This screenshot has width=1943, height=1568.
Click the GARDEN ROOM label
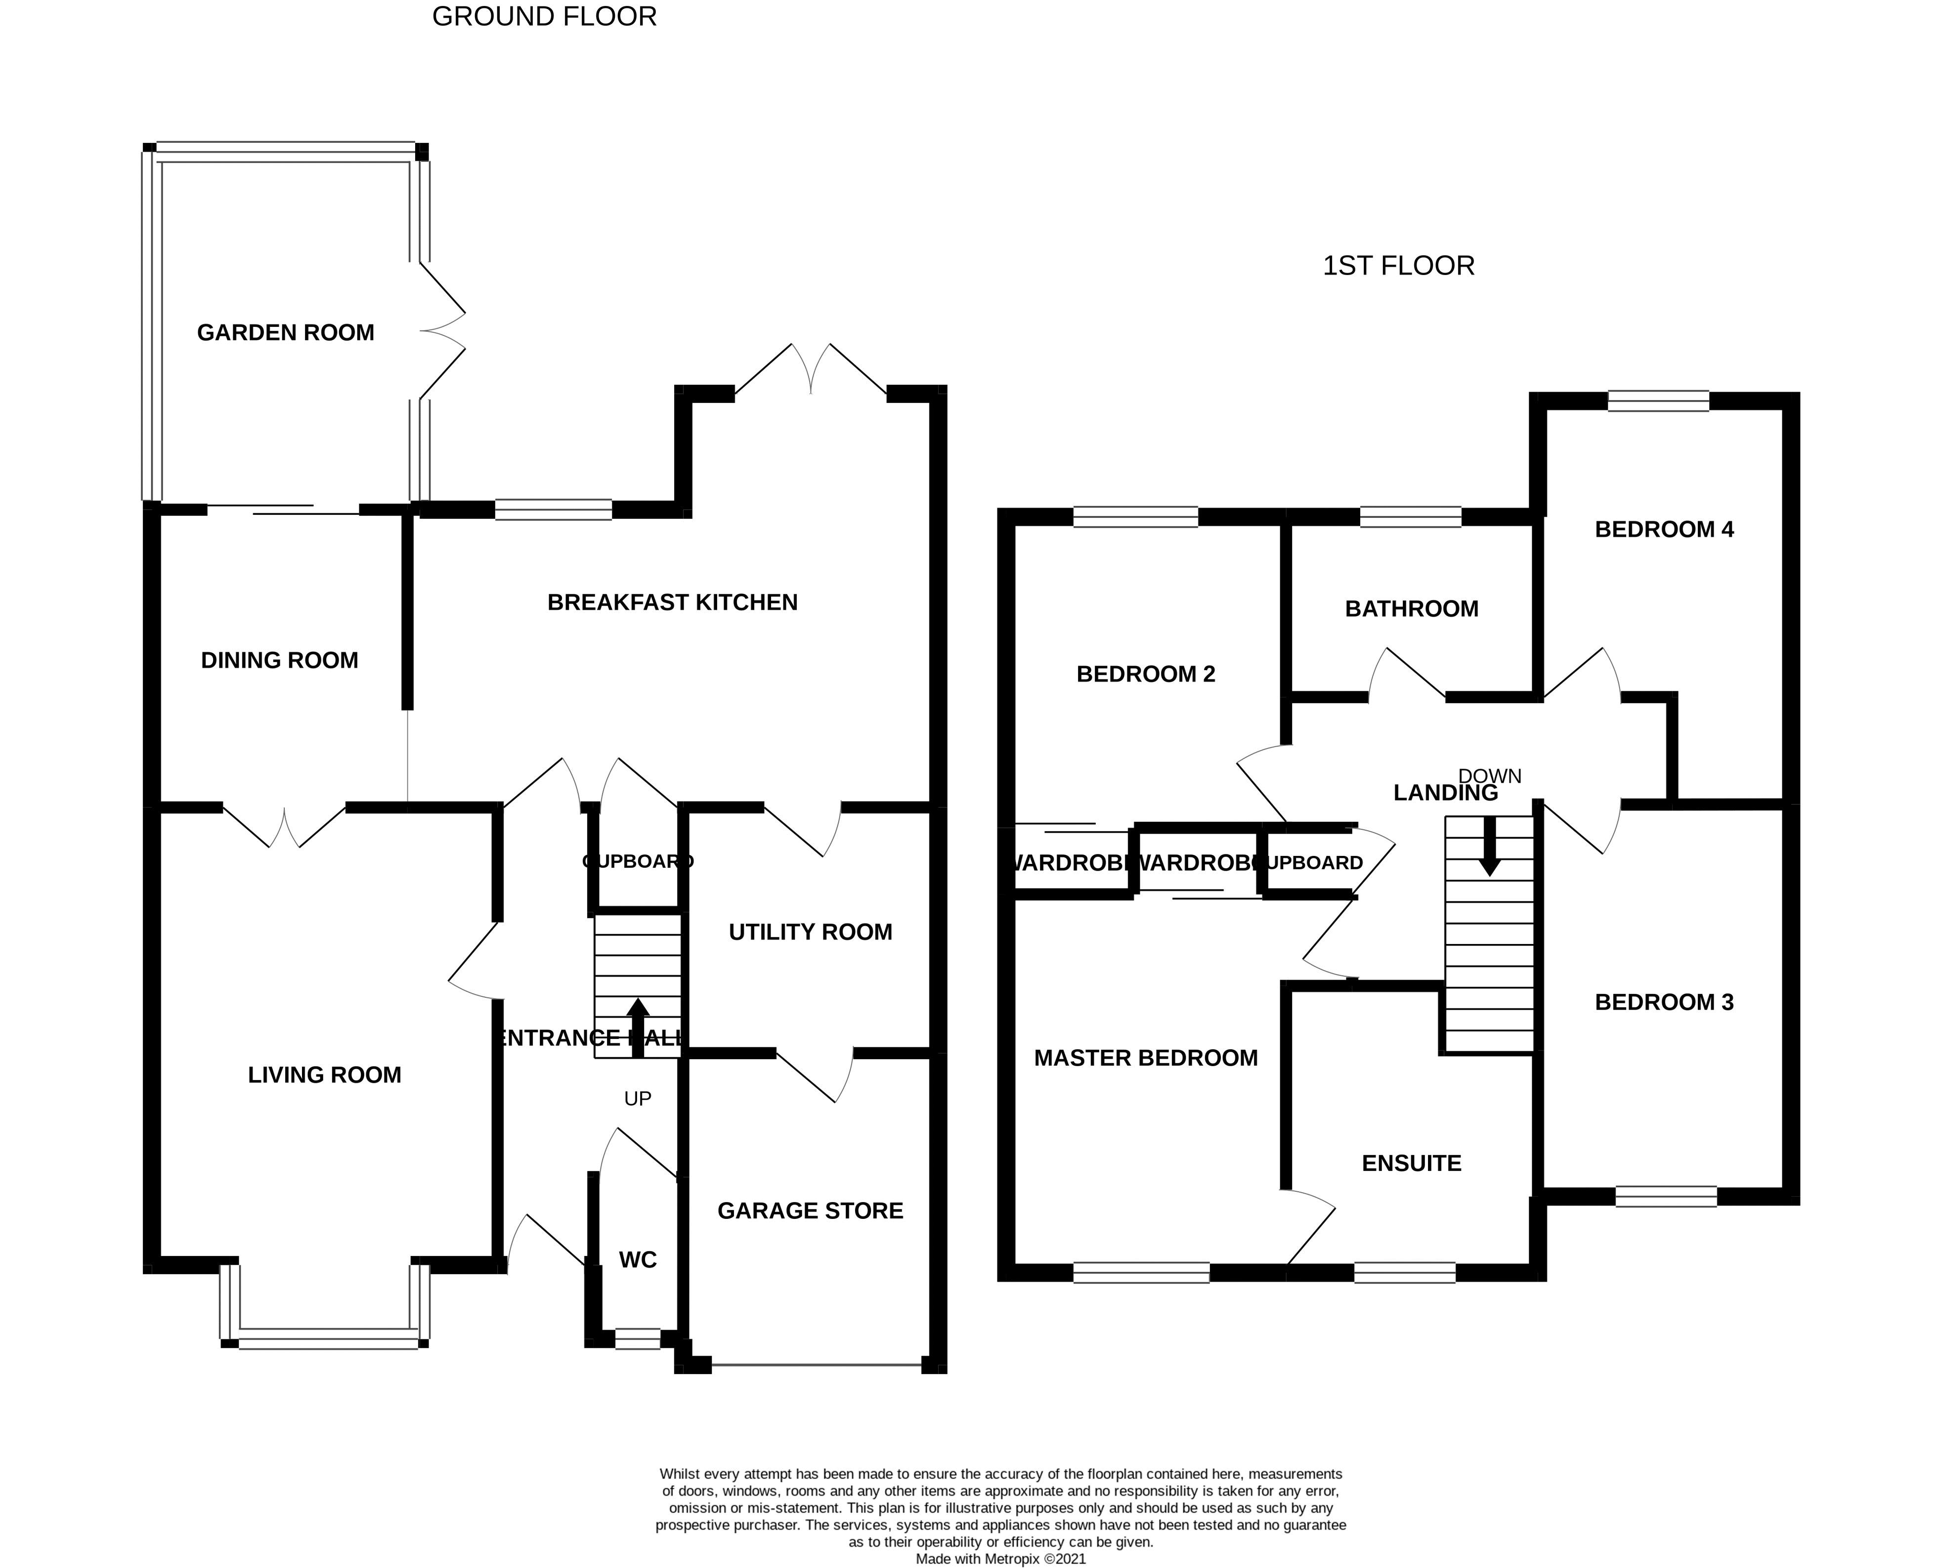tap(285, 332)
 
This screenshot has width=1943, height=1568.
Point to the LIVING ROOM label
tap(324, 1075)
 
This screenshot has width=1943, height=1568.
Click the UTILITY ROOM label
tap(810, 932)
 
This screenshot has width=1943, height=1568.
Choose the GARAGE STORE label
tap(810, 1211)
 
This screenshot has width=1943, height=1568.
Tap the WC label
tap(638, 1260)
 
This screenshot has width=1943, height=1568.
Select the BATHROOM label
tap(1411, 609)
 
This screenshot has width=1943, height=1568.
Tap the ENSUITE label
tap(1411, 1164)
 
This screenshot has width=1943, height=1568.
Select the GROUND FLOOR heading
tap(544, 16)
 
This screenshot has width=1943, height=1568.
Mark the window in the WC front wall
tap(638, 1339)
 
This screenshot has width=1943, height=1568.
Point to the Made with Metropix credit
tap(1000, 1558)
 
